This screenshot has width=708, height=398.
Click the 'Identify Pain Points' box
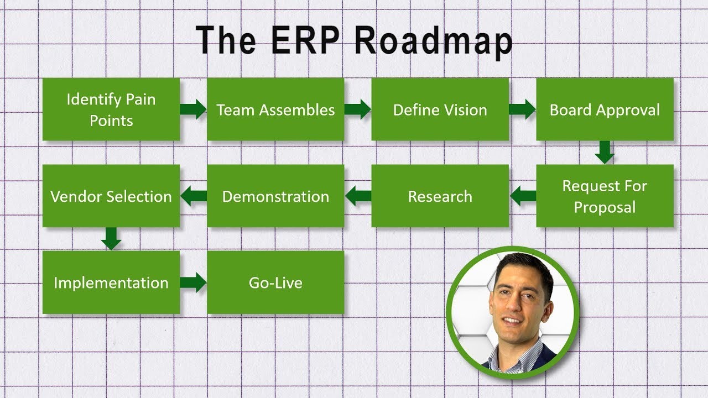pyautogui.click(x=111, y=109)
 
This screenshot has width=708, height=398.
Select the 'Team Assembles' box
pyautogui.click(x=275, y=109)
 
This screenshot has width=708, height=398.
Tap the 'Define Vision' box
pyautogui.click(x=440, y=109)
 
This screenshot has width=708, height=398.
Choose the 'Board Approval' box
pyautogui.click(x=605, y=109)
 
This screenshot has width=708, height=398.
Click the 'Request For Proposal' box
pyautogui.click(x=605, y=196)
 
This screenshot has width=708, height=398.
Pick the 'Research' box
pyautogui.click(x=440, y=196)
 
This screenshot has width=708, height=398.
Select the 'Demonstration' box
pyautogui.click(x=275, y=196)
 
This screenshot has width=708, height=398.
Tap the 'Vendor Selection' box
pyautogui.click(x=111, y=196)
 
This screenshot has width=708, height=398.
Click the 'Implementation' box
pyautogui.click(x=111, y=282)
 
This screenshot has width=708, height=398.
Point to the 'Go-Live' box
pyautogui.click(x=275, y=282)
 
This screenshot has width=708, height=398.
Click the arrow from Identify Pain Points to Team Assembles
pyautogui.click(x=193, y=109)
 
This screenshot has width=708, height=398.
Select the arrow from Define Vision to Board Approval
pyautogui.click(x=522, y=109)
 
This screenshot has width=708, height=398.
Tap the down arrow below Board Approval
pyautogui.click(x=605, y=152)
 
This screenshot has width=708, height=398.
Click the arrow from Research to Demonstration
pyautogui.click(x=358, y=196)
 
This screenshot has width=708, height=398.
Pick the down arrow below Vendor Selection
pyautogui.click(x=111, y=239)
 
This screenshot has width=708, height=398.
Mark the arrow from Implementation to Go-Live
pyautogui.click(x=193, y=282)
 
